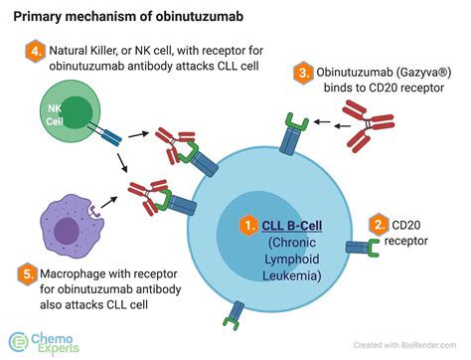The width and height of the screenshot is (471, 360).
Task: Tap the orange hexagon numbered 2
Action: pos(378,225)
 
